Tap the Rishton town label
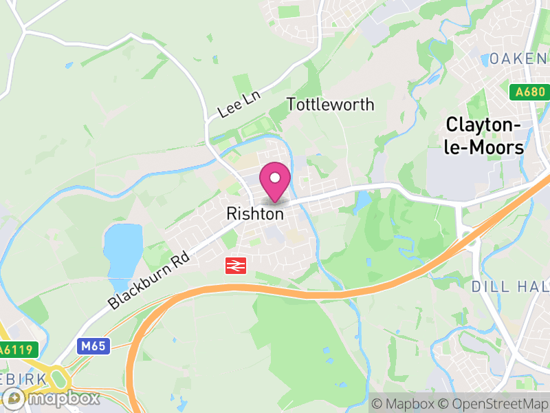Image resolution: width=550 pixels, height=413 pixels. click(254, 214)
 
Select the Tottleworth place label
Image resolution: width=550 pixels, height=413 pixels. click(330, 105)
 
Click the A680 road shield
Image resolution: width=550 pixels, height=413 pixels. click(531, 92)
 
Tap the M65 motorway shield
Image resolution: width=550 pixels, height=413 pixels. click(92, 346)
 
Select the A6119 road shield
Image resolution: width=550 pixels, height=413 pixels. click(16, 350)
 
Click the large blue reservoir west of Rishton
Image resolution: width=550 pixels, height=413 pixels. click(122, 249)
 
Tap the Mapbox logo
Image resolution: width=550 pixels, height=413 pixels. click(52, 398)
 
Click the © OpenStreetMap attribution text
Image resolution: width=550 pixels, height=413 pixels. click(494, 404)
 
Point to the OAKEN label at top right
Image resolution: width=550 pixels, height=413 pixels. click(518, 59)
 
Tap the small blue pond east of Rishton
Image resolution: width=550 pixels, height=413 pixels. click(362, 201)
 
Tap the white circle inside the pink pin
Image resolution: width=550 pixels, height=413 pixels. click(275, 178)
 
